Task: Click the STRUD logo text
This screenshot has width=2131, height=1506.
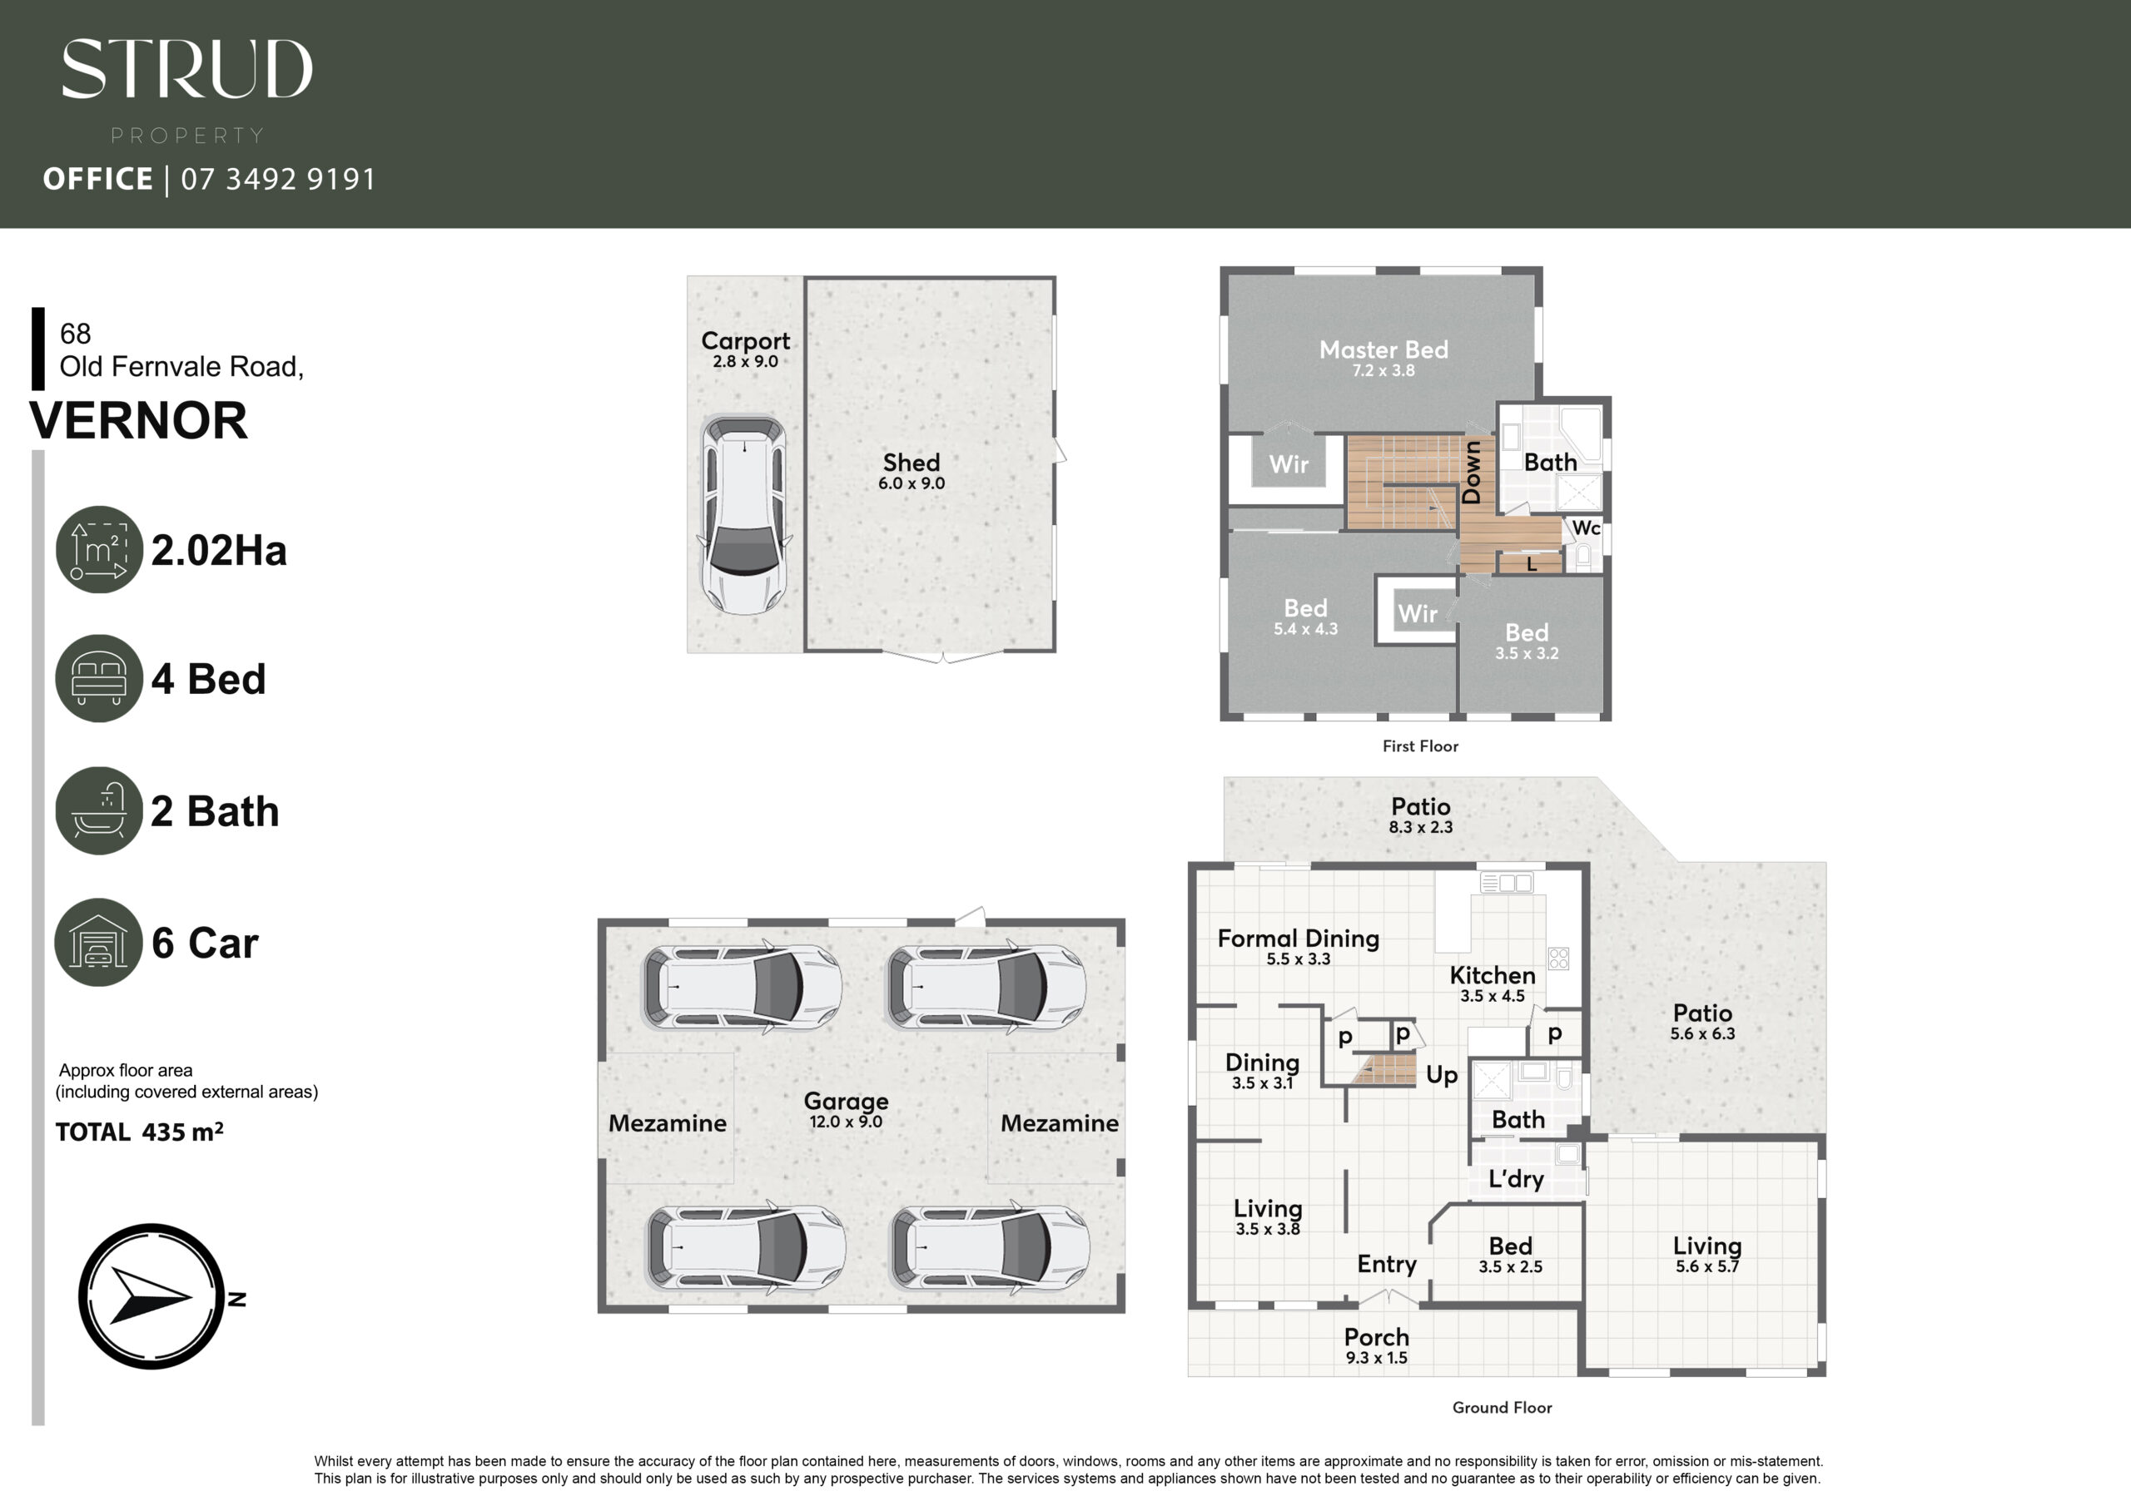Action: [187, 69]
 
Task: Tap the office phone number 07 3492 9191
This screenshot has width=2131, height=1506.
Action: [278, 179]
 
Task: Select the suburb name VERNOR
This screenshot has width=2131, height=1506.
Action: [138, 420]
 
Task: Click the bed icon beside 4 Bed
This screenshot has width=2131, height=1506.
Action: [99, 678]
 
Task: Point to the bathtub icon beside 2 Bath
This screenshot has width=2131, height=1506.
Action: [99, 810]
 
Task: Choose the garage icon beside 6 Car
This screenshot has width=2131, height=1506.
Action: [99, 942]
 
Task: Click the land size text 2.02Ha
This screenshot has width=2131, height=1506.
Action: [219, 550]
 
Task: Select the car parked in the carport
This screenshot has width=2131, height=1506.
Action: [744, 514]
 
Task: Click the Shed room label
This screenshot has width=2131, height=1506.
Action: [912, 462]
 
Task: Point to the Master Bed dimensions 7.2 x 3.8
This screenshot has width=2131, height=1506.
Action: [1383, 370]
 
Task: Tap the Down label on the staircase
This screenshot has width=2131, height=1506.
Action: [1472, 473]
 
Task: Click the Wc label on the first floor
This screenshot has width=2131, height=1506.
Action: [1587, 528]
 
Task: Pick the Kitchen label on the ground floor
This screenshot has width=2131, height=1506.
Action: [1493, 975]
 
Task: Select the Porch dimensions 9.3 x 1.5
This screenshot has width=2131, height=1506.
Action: [1377, 1358]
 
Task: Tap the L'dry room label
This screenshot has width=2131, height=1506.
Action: [1517, 1178]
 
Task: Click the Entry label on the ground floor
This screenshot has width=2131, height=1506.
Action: [1387, 1265]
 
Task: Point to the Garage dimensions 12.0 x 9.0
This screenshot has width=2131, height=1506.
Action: [846, 1121]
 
